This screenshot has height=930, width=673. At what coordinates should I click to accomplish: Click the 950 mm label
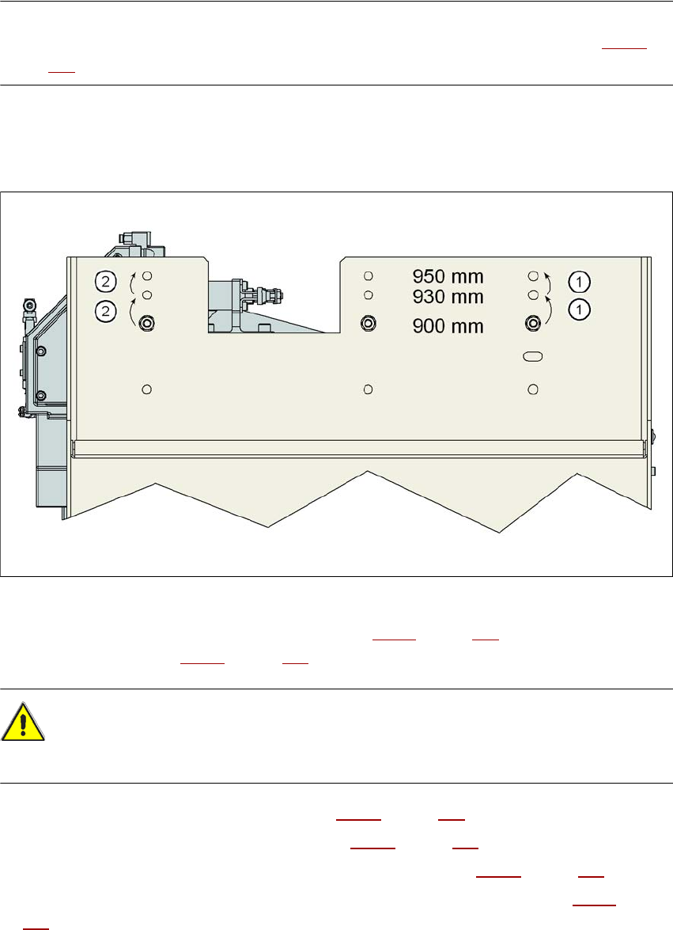click(x=448, y=277)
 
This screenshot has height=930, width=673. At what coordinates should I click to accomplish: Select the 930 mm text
click(x=448, y=296)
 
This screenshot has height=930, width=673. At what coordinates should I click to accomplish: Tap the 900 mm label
click(x=448, y=325)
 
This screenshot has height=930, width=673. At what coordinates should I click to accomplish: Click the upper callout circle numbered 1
click(x=579, y=281)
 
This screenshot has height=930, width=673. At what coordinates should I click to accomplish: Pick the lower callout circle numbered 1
click(x=579, y=310)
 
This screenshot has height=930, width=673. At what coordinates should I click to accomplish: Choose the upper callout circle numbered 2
click(x=106, y=280)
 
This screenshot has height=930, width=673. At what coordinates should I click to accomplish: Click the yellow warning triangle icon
click(x=23, y=723)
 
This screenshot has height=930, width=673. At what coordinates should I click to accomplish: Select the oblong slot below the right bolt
click(x=533, y=357)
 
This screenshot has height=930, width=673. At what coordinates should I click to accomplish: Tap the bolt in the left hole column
click(x=146, y=323)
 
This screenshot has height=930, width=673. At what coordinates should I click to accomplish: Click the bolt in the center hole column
click(x=368, y=323)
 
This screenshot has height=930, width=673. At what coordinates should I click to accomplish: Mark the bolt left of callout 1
click(x=533, y=323)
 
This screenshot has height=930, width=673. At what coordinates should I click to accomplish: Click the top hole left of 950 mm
click(x=368, y=276)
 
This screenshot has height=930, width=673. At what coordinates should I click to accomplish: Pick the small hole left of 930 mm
click(x=368, y=295)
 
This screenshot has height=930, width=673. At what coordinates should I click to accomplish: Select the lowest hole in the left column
click(x=146, y=389)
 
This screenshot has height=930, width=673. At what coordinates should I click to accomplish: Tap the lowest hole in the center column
click(x=368, y=389)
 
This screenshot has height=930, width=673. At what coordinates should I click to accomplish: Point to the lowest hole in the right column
click(x=533, y=389)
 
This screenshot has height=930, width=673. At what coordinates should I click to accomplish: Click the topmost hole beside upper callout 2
click(x=146, y=276)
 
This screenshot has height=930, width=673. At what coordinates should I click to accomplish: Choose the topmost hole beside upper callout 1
click(x=533, y=276)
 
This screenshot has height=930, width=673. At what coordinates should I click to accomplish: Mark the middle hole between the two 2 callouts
click(x=146, y=295)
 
